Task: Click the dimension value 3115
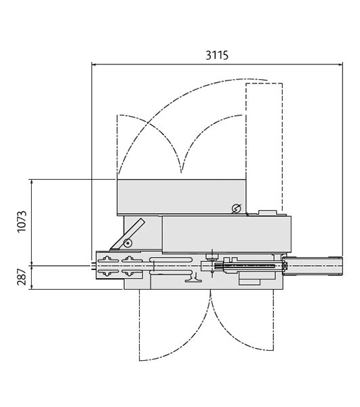click(x=217, y=55)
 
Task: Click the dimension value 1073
click(x=22, y=222)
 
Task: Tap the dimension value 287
click(x=22, y=277)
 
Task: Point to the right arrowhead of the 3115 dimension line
click(x=340, y=64)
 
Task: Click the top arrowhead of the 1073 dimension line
click(x=32, y=182)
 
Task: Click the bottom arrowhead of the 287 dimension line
click(x=32, y=286)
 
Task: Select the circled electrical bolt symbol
click(x=237, y=208)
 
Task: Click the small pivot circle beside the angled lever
click(x=127, y=244)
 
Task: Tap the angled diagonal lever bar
click(x=127, y=235)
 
